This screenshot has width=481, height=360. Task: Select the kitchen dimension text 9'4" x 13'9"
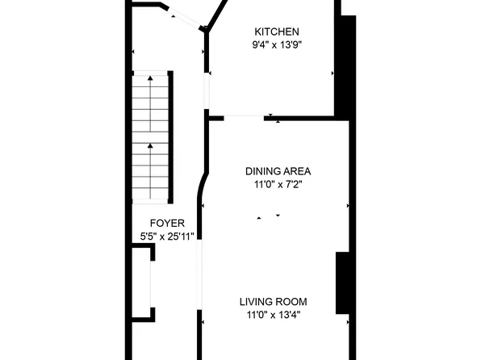277,45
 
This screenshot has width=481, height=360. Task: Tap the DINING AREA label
278,171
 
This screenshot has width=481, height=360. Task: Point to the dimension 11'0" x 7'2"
278,185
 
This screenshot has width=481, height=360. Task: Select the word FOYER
167,223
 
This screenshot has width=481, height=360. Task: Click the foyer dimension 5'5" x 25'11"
167,237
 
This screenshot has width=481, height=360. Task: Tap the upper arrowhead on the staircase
150,77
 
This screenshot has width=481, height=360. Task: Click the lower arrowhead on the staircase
150,146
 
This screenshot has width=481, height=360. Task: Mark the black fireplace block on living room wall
342,283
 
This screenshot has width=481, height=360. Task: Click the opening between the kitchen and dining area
243,118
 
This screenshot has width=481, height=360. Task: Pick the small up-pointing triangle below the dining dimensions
260,216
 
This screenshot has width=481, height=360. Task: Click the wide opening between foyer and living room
199,274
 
